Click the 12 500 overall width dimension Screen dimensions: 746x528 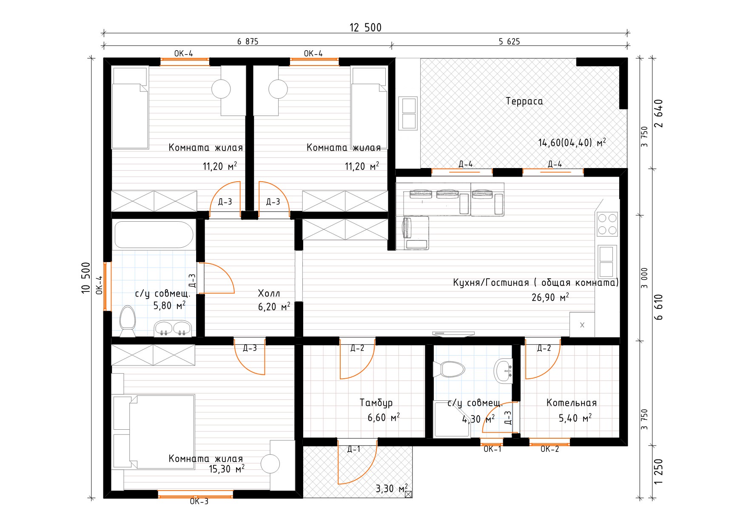(x=365, y=28)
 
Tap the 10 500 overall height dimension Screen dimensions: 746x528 (x=86, y=277)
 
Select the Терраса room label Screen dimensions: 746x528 (x=524, y=101)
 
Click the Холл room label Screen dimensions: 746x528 (x=269, y=293)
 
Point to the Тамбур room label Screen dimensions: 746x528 (x=376, y=402)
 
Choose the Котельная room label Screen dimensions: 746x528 (x=571, y=402)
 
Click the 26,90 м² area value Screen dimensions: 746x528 (x=550, y=297)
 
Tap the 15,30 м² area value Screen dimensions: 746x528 (x=226, y=469)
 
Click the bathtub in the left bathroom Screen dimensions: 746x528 (x=154, y=234)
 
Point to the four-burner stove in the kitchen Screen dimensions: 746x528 (x=607, y=224)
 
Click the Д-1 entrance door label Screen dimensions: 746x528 (x=353, y=449)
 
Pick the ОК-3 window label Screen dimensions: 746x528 (x=199, y=501)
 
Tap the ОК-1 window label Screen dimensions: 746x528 (x=492, y=449)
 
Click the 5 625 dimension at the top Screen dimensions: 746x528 (x=509, y=41)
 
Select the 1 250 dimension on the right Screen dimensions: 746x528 (x=658, y=471)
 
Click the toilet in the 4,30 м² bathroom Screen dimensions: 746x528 (x=448, y=369)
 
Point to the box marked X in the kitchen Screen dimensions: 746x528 (x=582, y=325)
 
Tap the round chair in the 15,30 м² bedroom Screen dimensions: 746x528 (x=270, y=464)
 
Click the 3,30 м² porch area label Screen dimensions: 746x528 (x=391, y=488)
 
